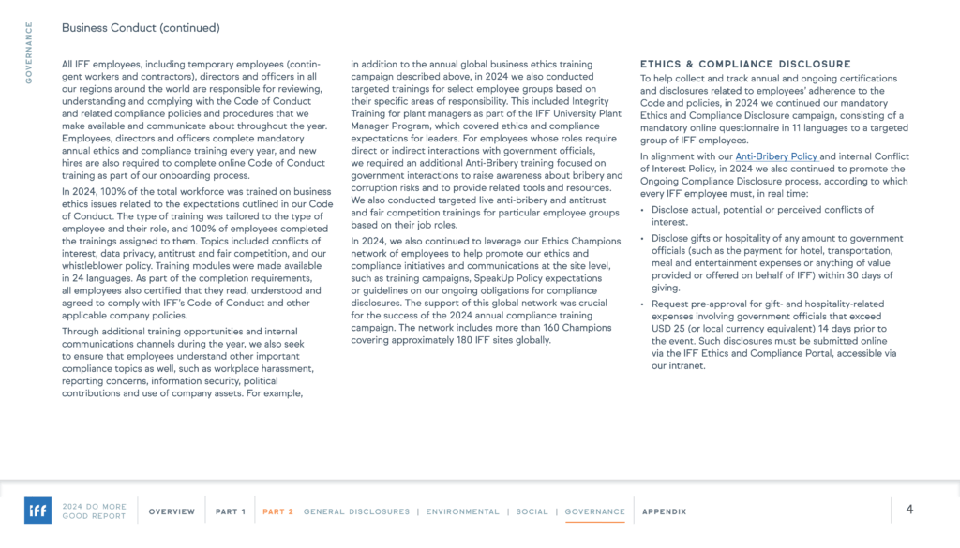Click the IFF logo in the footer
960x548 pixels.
point(37,511)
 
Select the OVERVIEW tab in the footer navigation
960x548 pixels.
point(172,511)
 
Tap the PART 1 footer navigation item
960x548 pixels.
point(231,511)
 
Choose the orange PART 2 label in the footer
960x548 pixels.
point(278,511)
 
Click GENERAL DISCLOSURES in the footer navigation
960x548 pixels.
point(356,511)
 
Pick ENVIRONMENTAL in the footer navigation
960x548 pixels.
point(463,511)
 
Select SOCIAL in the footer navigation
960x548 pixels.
point(532,511)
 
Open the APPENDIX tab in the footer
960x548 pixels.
point(664,511)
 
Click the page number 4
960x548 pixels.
point(909,510)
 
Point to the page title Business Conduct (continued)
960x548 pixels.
point(140,28)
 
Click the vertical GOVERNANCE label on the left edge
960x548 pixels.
point(28,52)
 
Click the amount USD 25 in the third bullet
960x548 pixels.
point(668,330)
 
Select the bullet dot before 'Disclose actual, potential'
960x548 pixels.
point(642,210)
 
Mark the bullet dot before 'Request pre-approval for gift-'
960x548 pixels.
point(642,304)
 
